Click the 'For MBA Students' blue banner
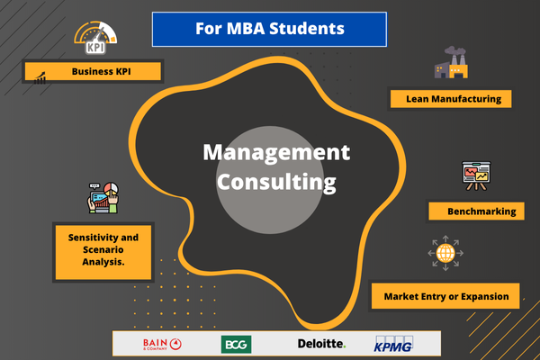tap(270, 29)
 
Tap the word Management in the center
tap(275, 152)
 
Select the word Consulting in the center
tap(275, 182)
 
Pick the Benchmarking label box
tap(474, 211)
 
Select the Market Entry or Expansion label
tap(446, 295)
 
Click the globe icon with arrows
tap(445, 253)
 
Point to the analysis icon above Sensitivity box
tap(104, 197)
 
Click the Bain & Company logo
tap(162, 344)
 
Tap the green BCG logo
tap(236, 344)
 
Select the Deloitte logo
tap(321, 344)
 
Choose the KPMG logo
tap(393, 344)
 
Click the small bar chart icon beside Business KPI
tap(40, 79)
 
